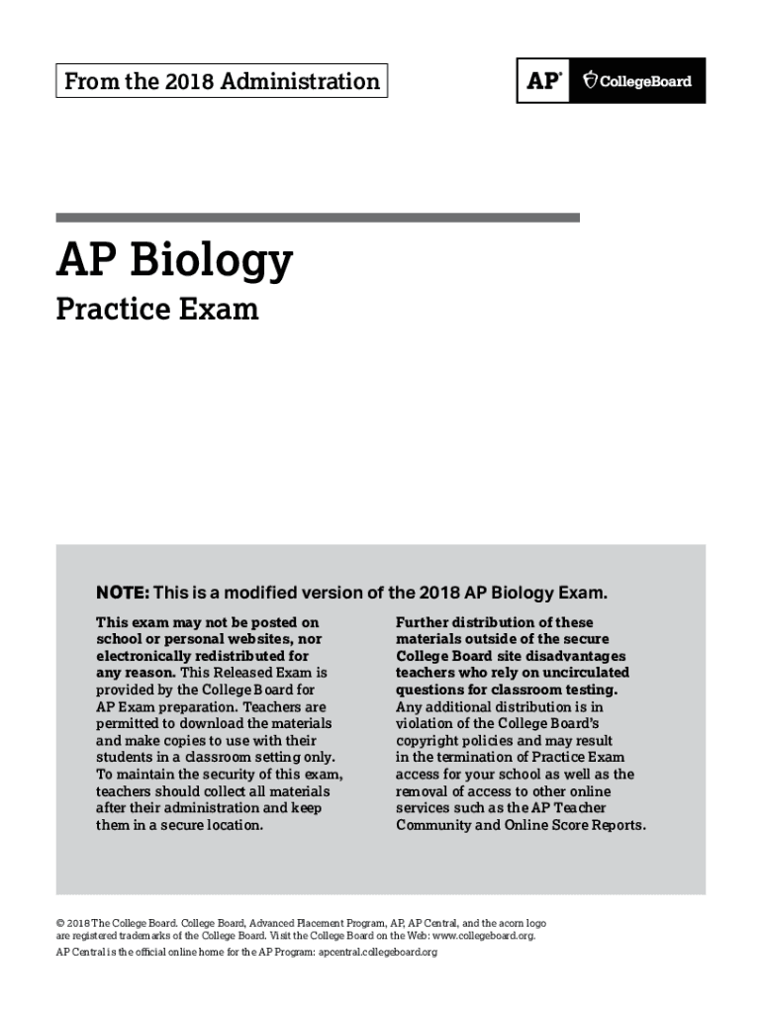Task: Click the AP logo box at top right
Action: [x=543, y=81]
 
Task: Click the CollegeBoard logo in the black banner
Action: [x=637, y=81]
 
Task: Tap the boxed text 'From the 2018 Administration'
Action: [x=222, y=81]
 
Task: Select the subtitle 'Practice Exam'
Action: [x=157, y=310]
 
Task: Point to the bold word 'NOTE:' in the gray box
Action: [x=122, y=594]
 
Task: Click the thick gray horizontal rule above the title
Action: [x=318, y=218]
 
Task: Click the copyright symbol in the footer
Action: [x=60, y=922]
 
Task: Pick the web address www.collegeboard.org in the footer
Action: [x=477, y=935]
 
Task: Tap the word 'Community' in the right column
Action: [x=432, y=825]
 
